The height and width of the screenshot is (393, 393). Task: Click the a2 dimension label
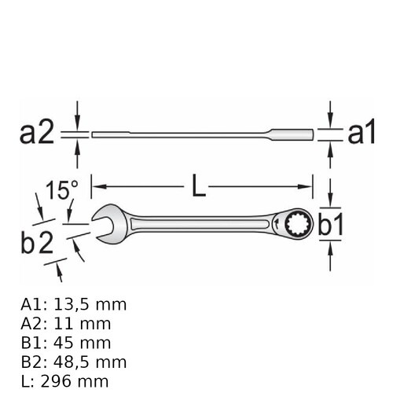click(x=37, y=134)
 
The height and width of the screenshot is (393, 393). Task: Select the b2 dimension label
click(x=37, y=243)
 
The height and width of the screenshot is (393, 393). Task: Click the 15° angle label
click(x=62, y=190)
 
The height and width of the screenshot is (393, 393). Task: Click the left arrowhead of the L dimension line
click(x=98, y=186)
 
